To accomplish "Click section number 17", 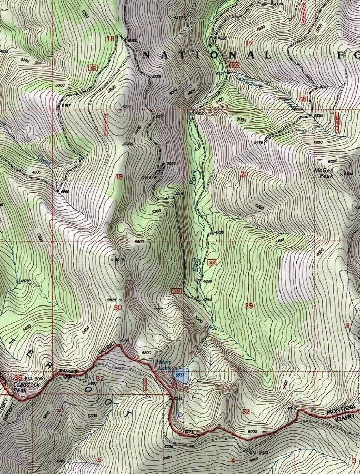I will click(x=249, y=43).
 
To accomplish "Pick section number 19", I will click(x=119, y=176).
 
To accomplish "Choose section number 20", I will click(x=244, y=174).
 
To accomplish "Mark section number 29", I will click(x=249, y=305).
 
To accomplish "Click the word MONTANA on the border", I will click(x=341, y=411).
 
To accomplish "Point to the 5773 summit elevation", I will click(x=126, y=107).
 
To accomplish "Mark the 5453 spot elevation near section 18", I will click(x=132, y=41).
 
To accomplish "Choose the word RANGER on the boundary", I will click(x=68, y=372).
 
